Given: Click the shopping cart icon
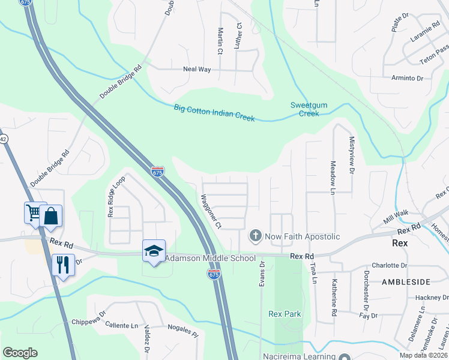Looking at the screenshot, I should point(34,212).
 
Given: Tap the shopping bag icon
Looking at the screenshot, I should point(50,217).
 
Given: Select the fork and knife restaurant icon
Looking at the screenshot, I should point(62,263).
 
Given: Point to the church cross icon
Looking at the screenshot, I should point(255,236).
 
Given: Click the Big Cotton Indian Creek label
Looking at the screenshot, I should point(214,113).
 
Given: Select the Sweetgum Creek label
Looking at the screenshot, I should point(309,109).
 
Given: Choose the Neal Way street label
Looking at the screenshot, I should point(197,70).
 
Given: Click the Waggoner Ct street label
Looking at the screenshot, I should point(211,211).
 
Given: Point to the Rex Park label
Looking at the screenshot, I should point(285,314).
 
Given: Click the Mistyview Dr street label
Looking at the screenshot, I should point(352,154).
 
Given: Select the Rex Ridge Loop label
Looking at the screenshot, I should point(115,196).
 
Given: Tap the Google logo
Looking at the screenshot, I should point(20,353).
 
